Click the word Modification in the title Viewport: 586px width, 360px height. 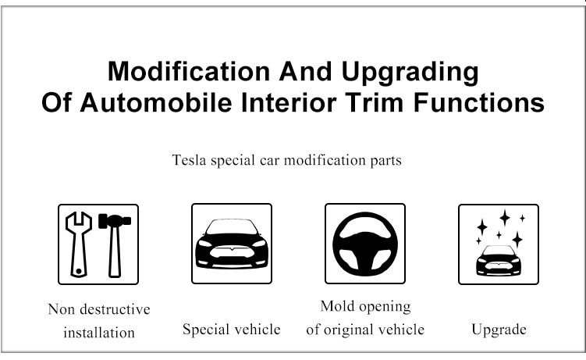pyautogui.click(x=189, y=71)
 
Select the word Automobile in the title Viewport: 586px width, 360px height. pyautogui.click(x=156, y=103)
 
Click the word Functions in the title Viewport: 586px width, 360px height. pyautogui.click(x=479, y=103)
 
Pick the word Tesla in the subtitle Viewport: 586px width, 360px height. pyautogui.click(x=189, y=160)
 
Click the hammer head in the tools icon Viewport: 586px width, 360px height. pyautogui.click(x=115, y=220)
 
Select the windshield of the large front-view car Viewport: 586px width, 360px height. pyautogui.click(x=232, y=227)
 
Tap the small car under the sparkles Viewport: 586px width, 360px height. pyautogui.click(x=499, y=261)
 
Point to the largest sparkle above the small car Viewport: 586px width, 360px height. pyautogui.click(x=505, y=218)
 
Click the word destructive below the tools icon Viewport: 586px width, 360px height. pyautogui.click(x=115, y=309)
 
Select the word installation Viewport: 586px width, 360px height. pyautogui.click(x=99, y=333)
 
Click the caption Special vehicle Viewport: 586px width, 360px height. pyautogui.click(x=232, y=330)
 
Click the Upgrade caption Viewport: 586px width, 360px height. pyautogui.click(x=499, y=330)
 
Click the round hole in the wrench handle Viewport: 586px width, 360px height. pyautogui.click(x=79, y=271)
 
